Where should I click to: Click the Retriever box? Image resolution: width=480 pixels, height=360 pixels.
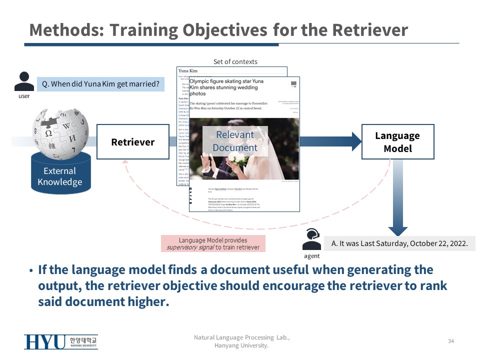132,142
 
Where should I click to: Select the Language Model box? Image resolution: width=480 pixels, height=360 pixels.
397,142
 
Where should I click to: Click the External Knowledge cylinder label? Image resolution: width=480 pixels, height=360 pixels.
60,176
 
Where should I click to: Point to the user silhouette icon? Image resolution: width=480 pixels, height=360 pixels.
24,81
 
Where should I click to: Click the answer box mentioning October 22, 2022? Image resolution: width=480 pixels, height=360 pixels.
399,243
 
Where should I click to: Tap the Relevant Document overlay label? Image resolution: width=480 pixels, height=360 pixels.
235,141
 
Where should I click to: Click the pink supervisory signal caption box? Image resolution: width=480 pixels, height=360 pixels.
213,244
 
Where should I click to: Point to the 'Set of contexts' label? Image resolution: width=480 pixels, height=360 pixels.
235,61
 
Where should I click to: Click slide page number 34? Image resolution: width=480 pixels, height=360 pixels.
451,341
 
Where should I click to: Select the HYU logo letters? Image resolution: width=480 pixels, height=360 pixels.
44,342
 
